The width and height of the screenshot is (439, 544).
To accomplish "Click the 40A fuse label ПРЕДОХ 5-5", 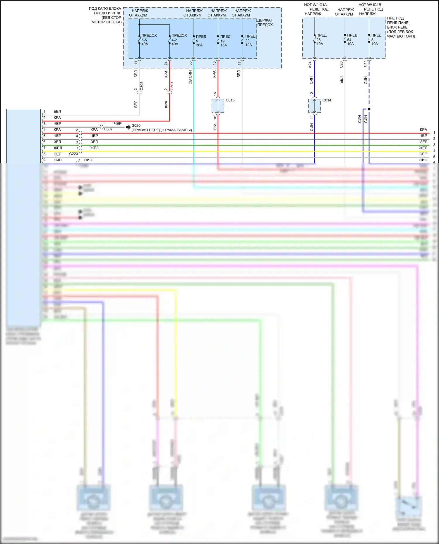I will pyautogui.click(x=149, y=40).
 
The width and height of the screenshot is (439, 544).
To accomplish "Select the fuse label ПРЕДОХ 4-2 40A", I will pyautogui.click(x=179, y=40).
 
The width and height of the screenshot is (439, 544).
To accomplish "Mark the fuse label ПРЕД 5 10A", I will pyautogui.click(x=376, y=39).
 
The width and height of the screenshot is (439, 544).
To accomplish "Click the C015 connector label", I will pyautogui.click(x=230, y=100).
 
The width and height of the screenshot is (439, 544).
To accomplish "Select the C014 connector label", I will pyautogui.click(x=327, y=100).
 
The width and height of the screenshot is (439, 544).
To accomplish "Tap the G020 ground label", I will pyautogui.click(x=136, y=125).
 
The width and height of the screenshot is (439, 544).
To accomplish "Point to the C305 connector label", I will pyautogui.click(x=142, y=86).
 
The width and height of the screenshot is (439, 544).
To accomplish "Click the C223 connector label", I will pyautogui.click(x=73, y=154).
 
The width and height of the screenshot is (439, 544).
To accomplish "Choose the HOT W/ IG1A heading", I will pyautogui.click(x=315, y=5).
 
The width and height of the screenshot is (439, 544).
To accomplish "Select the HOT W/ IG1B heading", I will pyautogui.click(x=370, y=5).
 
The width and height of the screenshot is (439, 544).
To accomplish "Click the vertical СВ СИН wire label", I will pyautogui.click(x=190, y=77).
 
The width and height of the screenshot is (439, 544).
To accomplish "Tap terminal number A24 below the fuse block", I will pyautogui.click(x=310, y=65).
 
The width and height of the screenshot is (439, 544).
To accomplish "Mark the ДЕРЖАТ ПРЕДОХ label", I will pyautogui.click(x=265, y=23).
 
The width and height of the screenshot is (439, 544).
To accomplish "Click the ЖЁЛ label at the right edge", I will pyautogui.click(x=423, y=148).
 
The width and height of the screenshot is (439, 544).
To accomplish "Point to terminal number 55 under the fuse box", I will pyautogui.click(x=190, y=63).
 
